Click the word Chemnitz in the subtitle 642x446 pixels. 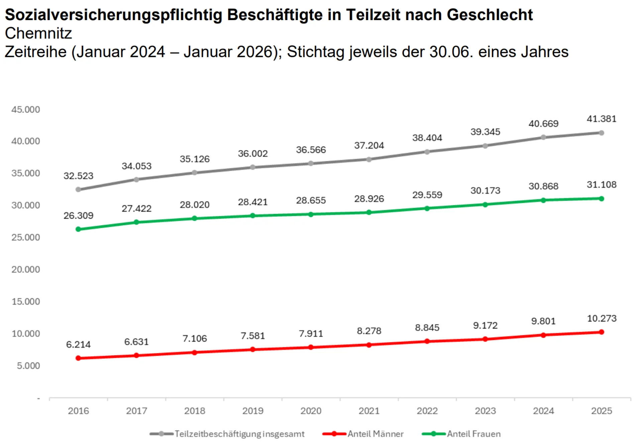(x=38, y=33)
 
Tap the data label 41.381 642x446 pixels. (x=601, y=119)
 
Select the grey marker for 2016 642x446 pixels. (x=78, y=190)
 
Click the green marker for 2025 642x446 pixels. (x=602, y=199)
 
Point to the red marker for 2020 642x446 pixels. (x=311, y=347)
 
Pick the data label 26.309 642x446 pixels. (x=78, y=216)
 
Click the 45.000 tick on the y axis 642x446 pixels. (x=25, y=110)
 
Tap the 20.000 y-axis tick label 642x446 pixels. (x=25, y=269)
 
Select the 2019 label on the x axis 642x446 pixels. (x=253, y=411)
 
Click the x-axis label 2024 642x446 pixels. (x=543, y=411)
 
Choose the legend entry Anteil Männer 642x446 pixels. (x=375, y=434)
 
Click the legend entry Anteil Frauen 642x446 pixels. (x=473, y=434)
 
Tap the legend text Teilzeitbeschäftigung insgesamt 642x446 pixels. (x=239, y=434)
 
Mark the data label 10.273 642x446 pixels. (x=602, y=319)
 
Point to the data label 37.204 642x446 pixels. (x=369, y=146)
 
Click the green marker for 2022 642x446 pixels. (x=427, y=209)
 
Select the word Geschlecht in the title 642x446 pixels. (x=490, y=15)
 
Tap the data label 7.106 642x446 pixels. (x=195, y=339)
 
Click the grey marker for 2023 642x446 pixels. (x=485, y=146)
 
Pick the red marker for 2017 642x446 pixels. (x=136, y=355)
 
